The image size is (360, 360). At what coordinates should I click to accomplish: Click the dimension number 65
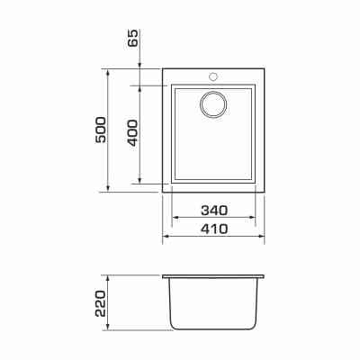click(133, 38)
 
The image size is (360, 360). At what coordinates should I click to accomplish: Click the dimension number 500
click(101, 130)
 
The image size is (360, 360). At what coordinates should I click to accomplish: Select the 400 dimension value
click(133, 133)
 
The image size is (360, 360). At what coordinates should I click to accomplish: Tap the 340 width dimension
click(214, 211)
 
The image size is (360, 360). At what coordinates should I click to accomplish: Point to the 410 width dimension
click(214, 229)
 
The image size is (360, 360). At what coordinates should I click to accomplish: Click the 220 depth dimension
click(101, 303)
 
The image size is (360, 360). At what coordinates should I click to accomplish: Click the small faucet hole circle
click(213, 76)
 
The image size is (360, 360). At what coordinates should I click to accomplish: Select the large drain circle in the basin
click(213, 104)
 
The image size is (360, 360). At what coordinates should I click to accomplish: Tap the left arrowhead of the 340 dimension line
click(175, 218)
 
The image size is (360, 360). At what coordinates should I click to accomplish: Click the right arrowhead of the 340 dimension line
click(252, 218)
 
